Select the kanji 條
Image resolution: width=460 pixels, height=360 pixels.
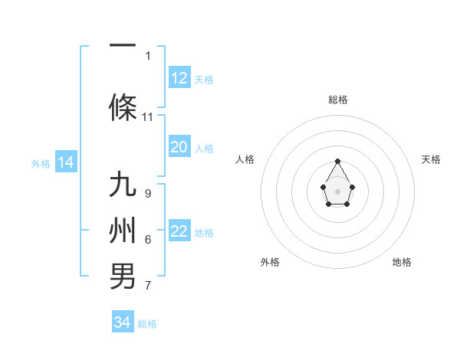click(x=123, y=107)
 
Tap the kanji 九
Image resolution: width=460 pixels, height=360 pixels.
click(x=123, y=186)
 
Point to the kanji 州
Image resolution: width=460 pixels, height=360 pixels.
click(x=123, y=231)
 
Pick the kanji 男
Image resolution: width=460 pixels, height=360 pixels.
click(x=123, y=276)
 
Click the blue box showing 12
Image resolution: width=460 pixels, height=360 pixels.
click(x=179, y=78)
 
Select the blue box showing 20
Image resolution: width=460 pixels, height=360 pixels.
click(x=179, y=147)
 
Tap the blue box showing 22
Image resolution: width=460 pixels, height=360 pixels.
click(x=179, y=231)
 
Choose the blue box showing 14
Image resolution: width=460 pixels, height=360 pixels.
click(x=65, y=162)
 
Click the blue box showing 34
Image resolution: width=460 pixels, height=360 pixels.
click(x=123, y=322)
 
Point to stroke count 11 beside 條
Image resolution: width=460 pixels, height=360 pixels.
click(x=148, y=117)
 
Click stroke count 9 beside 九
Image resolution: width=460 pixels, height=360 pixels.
click(x=148, y=194)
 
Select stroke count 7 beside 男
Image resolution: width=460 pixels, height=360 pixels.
click(x=148, y=286)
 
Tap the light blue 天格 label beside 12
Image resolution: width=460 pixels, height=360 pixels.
click(x=204, y=79)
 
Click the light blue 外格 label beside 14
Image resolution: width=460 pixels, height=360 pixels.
click(x=40, y=163)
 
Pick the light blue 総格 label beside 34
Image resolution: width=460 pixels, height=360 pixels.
click(x=147, y=323)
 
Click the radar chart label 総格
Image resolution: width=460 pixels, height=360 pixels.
click(x=338, y=100)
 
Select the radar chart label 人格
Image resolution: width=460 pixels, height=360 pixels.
click(x=245, y=159)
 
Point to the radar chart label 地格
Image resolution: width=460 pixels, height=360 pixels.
click(x=402, y=262)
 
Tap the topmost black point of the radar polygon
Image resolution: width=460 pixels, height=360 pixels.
click(x=338, y=161)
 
